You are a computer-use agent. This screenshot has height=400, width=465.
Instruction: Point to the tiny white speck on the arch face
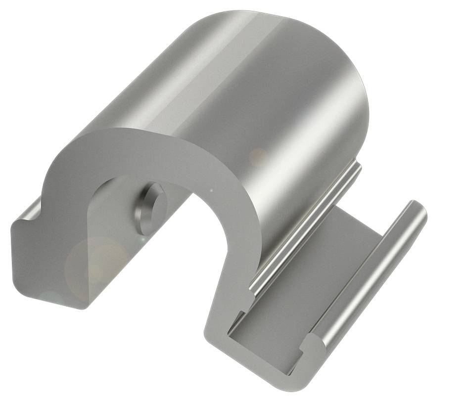coord(212,190)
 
